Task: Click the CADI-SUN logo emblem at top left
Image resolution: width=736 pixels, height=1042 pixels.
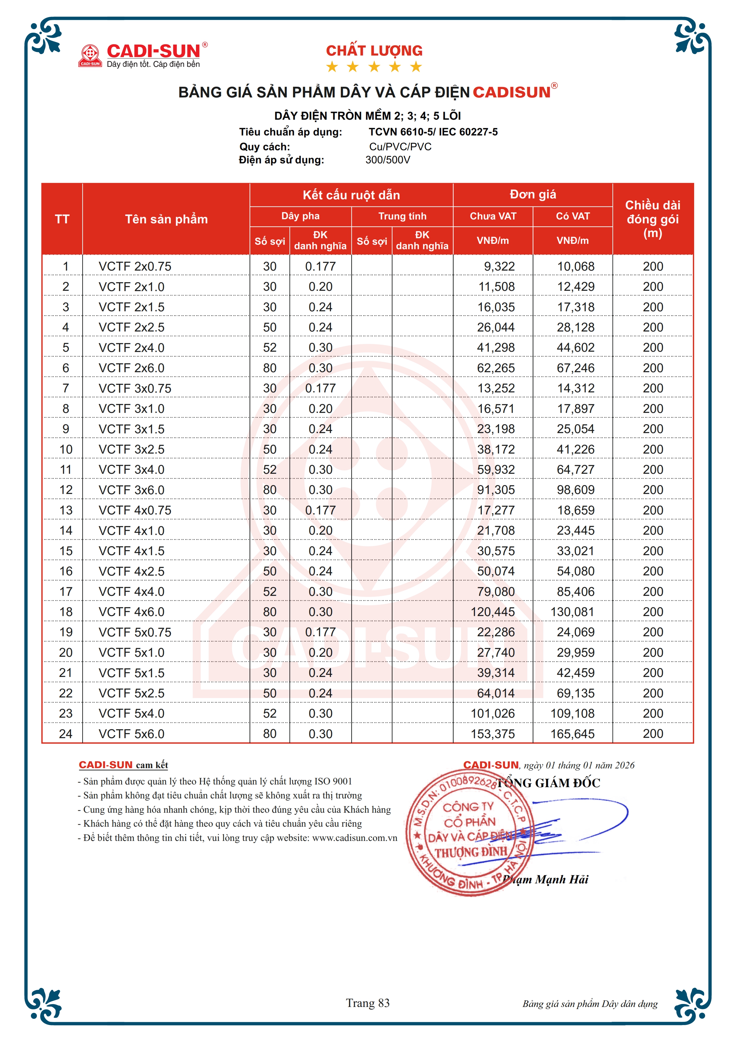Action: [x=90, y=55]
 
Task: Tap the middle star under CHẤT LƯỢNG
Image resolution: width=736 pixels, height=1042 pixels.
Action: [x=374, y=67]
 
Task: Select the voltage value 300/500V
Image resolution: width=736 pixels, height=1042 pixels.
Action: [x=388, y=160]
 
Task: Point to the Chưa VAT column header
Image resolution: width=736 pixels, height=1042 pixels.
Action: [x=493, y=216]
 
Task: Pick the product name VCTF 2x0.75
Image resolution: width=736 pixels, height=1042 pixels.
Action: [x=135, y=266]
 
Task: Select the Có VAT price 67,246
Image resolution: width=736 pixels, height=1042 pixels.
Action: [x=575, y=368]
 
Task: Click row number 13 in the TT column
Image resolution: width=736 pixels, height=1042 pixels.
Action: [x=66, y=510]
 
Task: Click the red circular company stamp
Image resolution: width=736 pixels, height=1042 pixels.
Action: [x=467, y=833]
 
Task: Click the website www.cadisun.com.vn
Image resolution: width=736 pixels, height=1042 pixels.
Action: [x=354, y=838]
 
